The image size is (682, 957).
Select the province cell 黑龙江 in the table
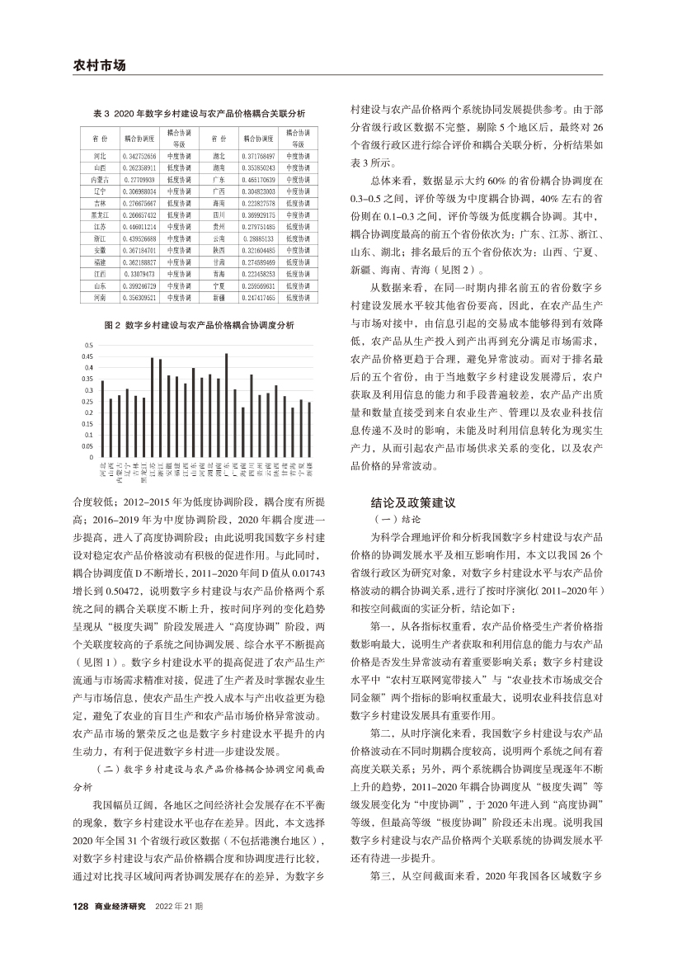tap(99, 213)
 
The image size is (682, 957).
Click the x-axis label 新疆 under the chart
tap(308, 472)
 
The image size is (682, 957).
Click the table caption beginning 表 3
tap(198, 112)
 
